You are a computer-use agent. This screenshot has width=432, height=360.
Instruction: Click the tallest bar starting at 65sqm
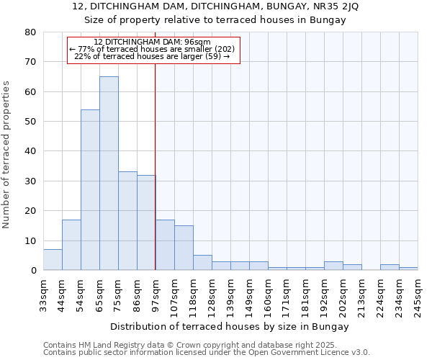click(109, 173)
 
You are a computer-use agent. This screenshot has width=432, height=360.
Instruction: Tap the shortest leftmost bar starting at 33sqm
click(53, 260)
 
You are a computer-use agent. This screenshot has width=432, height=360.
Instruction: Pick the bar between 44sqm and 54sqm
click(71, 245)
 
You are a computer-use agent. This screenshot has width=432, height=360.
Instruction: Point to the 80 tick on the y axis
click(30, 32)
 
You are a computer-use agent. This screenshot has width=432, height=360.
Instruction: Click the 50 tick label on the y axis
click(30, 122)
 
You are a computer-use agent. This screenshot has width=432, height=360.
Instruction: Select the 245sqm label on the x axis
click(418, 296)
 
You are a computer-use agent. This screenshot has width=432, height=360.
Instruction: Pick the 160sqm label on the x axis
click(268, 296)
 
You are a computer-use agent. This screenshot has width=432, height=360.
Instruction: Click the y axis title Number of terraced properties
click(6, 155)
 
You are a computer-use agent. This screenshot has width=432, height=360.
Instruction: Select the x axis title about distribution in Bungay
click(230, 327)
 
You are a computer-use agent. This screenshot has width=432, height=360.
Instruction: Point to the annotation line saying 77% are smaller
click(152, 49)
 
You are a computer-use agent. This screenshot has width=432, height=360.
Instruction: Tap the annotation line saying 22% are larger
click(152, 56)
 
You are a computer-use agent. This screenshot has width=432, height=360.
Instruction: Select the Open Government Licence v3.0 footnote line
click(207, 353)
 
